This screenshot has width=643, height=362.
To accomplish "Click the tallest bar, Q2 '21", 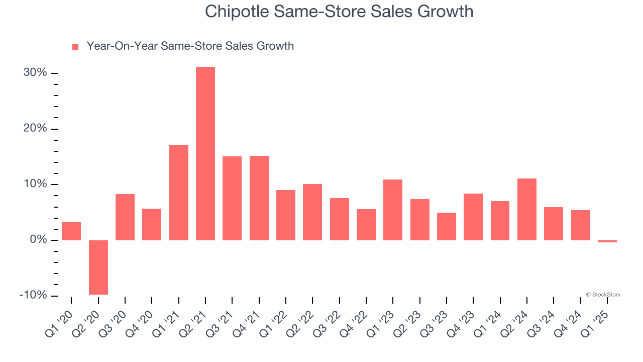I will [205, 153].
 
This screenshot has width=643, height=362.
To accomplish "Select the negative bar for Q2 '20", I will [98, 267].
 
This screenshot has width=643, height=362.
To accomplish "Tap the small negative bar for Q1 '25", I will [607, 241].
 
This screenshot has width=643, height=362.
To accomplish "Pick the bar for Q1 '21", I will [179, 192].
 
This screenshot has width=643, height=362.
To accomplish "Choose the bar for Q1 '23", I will [393, 210].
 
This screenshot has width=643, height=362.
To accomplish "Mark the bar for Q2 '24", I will [527, 209].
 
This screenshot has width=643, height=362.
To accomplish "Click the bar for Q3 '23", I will [447, 226].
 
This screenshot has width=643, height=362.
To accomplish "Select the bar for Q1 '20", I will [71, 231].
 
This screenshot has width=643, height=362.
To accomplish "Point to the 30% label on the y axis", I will [35, 73].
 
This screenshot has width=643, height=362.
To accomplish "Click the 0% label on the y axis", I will [38, 240].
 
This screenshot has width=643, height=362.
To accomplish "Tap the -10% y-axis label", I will [33, 295].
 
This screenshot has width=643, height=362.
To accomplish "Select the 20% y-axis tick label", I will [35, 129].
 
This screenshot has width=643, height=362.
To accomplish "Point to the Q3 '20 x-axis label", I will [113, 320].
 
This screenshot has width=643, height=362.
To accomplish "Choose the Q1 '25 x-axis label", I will [595, 320].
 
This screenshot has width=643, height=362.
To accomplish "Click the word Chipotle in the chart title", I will [237, 12].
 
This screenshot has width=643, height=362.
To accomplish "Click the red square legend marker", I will [75, 47].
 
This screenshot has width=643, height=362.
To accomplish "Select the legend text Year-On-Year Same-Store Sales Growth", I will [190, 46].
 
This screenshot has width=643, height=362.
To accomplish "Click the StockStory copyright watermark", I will [603, 295].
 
